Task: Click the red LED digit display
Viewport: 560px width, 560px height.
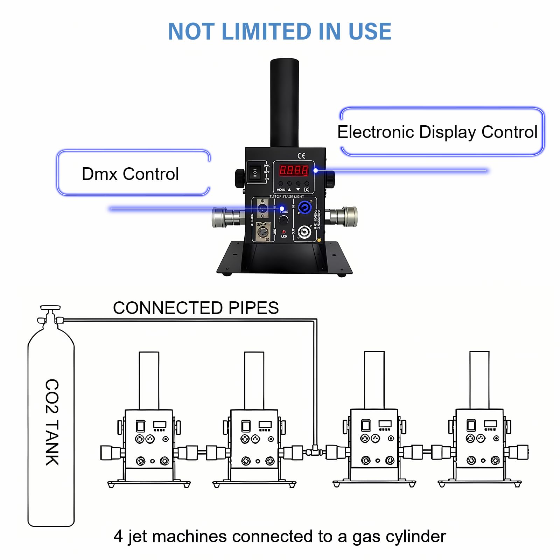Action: [x=293, y=170]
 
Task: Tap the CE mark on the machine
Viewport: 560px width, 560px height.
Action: [x=301, y=156]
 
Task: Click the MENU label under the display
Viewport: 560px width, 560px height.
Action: [x=281, y=190]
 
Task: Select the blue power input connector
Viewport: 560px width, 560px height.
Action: [x=304, y=208]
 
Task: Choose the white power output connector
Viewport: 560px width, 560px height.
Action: [x=304, y=232]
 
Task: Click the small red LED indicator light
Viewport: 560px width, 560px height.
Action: [x=283, y=232]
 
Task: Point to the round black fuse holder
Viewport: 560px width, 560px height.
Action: [x=283, y=220]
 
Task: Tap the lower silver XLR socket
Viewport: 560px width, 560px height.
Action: [x=262, y=231]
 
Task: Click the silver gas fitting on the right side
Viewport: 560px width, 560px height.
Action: [x=346, y=216]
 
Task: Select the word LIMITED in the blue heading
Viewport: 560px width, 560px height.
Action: [x=266, y=31]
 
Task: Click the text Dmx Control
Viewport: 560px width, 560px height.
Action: [x=130, y=174]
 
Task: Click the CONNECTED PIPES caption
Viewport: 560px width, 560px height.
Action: [x=196, y=308]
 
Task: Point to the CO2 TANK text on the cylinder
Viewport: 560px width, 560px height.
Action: [x=52, y=422]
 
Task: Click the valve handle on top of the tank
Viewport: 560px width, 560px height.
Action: [x=50, y=308]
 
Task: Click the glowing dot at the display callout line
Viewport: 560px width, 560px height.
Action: [x=316, y=170]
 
